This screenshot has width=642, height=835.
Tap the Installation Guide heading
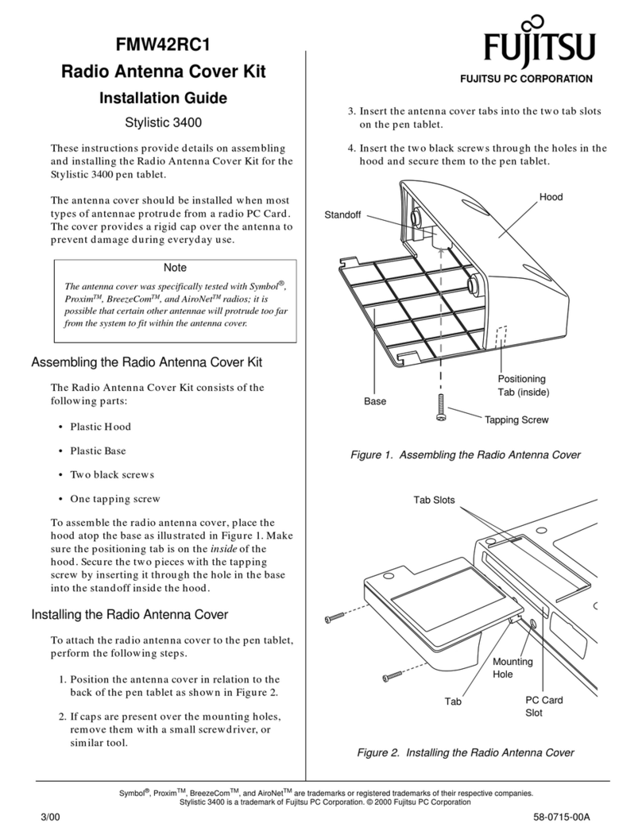click(x=163, y=99)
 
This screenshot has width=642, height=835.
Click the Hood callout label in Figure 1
click(x=550, y=196)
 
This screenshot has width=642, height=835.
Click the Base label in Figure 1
click(x=375, y=401)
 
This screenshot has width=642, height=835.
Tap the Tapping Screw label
click(x=516, y=419)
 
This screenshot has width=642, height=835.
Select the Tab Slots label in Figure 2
click(x=434, y=500)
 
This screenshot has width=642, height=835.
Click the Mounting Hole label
click(x=512, y=667)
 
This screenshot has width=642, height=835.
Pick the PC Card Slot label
click(x=544, y=706)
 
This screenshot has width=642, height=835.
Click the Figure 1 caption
click(x=466, y=455)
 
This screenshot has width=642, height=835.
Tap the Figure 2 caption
click(x=465, y=752)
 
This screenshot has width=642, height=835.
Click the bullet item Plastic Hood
click(x=100, y=427)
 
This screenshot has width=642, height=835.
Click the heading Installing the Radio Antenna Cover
click(x=130, y=614)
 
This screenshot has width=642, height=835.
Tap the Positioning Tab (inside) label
click(x=523, y=385)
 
